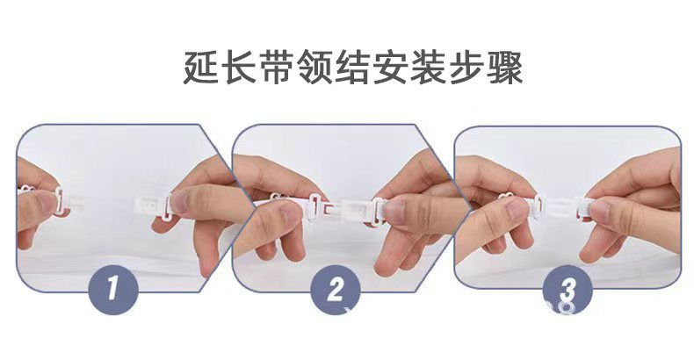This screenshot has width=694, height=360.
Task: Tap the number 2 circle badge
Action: point(336,290)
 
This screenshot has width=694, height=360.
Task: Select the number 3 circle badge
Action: point(567,290)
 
